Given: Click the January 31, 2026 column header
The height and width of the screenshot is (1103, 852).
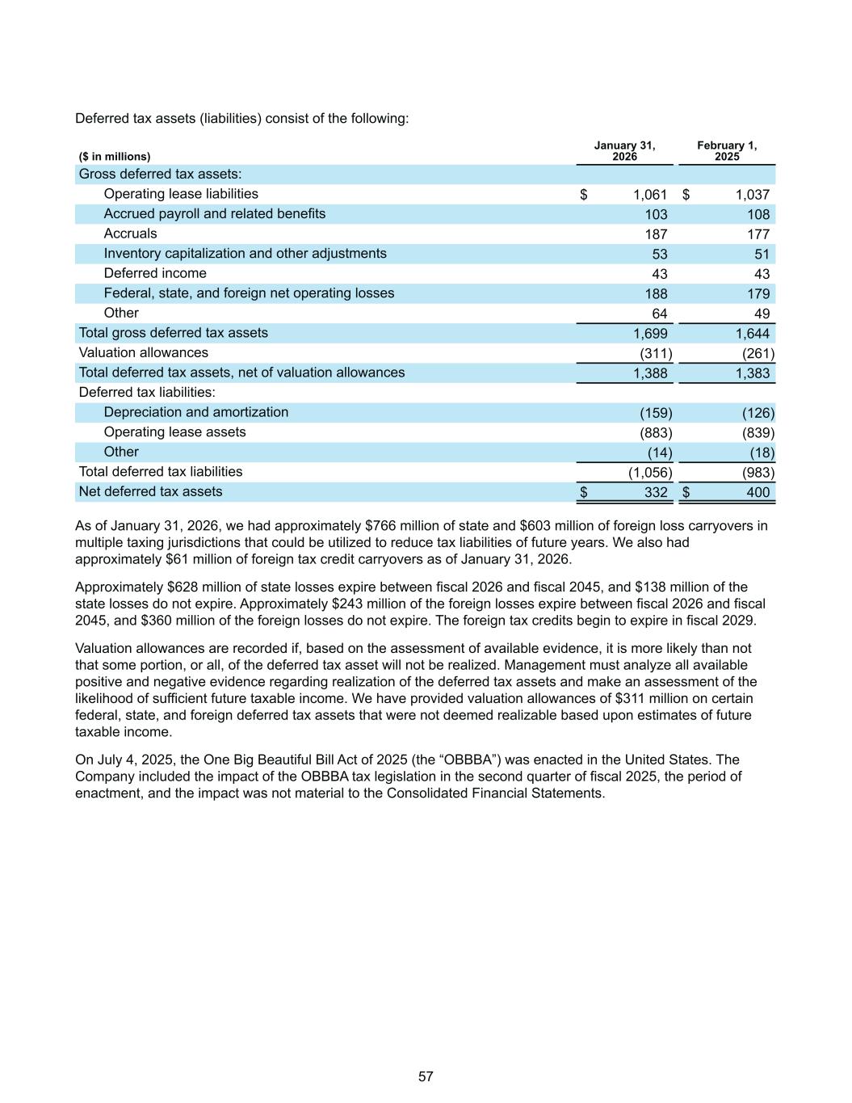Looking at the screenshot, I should (624, 151).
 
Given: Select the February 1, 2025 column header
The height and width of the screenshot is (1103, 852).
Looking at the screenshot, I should (727, 151).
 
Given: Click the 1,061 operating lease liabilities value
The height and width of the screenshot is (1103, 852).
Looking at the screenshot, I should (650, 195).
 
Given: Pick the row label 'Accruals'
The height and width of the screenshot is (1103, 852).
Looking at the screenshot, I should (130, 234).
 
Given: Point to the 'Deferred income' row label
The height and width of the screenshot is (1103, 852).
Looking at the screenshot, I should (155, 273).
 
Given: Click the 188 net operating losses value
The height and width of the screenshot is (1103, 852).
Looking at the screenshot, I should (656, 293).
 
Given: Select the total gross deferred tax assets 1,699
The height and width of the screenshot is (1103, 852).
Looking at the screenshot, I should (651, 333).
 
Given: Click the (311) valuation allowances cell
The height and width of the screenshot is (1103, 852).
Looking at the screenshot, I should (656, 353).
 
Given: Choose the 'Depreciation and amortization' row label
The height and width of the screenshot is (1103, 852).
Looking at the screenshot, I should (195, 412).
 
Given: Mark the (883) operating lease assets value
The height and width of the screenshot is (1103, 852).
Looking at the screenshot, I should (656, 432).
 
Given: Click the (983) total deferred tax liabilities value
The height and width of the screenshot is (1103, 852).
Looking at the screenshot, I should (758, 472).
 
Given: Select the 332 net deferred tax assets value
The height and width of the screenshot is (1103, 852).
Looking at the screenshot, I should (656, 492).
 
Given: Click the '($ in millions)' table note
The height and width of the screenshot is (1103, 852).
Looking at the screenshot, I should (115, 157).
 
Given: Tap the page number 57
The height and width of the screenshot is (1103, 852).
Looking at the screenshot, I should (426, 1076).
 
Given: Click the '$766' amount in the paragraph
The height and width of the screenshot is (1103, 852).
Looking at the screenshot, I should (380, 526).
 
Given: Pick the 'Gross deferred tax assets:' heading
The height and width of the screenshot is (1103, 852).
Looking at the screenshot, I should (160, 175).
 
